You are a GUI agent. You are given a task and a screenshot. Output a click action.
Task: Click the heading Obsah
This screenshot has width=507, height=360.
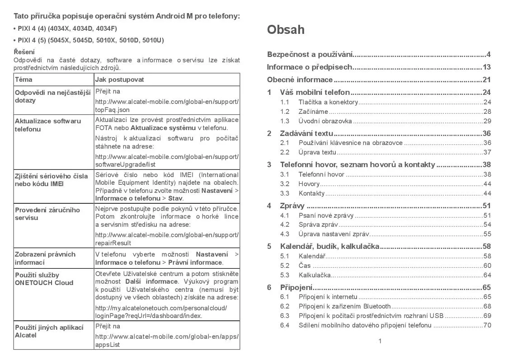click(x=286, y=30)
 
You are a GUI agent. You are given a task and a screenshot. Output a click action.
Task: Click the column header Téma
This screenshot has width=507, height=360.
click(x=23, y=79)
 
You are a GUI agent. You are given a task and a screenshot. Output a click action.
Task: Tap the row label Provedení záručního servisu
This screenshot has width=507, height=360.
click(x=47, y=214)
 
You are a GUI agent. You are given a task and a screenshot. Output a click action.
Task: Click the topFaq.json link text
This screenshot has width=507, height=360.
click(x=112, y=110)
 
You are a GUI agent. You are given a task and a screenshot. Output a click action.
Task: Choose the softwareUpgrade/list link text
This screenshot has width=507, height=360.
click(x=125, y=165)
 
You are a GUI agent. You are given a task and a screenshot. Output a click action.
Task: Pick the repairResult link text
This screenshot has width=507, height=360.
click(x=113, y=243)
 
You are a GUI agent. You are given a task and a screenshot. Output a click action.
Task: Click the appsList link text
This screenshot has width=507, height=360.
click(x=107, y=345)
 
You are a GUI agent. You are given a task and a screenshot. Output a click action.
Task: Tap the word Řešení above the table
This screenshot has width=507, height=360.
click(x=24, y=52)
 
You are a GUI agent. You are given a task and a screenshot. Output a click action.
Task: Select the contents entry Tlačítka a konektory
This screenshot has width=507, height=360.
click(x=328, y=102)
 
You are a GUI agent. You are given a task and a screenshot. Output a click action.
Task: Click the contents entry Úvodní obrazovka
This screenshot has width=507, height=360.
click(x=325, y=121)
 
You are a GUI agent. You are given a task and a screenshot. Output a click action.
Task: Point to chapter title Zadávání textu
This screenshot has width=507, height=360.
click(x=306, y=133)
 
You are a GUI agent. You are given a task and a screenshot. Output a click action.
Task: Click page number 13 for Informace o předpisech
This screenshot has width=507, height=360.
click(x=487, y=67)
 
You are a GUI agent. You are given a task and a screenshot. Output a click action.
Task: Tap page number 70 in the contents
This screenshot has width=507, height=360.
click(x=487, y=325)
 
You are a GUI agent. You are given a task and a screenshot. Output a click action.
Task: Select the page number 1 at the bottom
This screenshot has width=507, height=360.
click(x=380, y=341)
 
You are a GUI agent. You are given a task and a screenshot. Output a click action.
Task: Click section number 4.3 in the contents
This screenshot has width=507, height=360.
click(x=285, y=234)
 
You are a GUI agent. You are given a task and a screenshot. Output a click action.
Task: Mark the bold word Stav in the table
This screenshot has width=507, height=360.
click(x=176, y=198)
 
